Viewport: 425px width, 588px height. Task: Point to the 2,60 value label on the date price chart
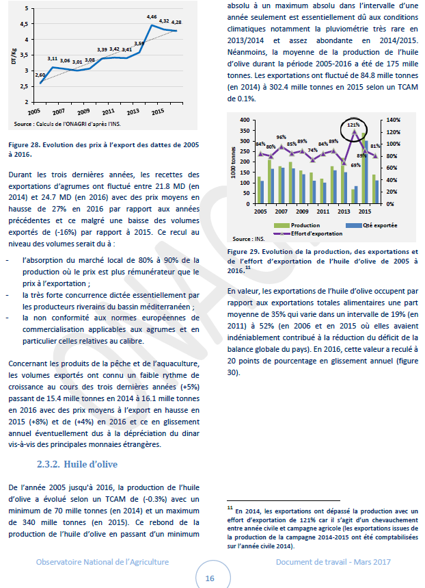[x=40, y=74]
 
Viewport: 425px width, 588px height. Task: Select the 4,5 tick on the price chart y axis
[x=25, y=23]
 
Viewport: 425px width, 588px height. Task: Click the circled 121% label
[x=353, y=125]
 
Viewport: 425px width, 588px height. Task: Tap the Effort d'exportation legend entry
[x=301, y=232]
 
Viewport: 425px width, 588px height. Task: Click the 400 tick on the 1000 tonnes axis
[x=243, y=120]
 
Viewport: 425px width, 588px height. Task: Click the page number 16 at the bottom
[x=210, y=578]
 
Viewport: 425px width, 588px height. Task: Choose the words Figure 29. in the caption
[x=245, y=252]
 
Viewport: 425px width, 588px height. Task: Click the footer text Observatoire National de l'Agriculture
[x=102, y=561]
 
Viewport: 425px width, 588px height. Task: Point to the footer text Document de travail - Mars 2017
[x=333, y=561]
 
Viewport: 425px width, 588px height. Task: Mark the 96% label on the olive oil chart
[x=281, y=138]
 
